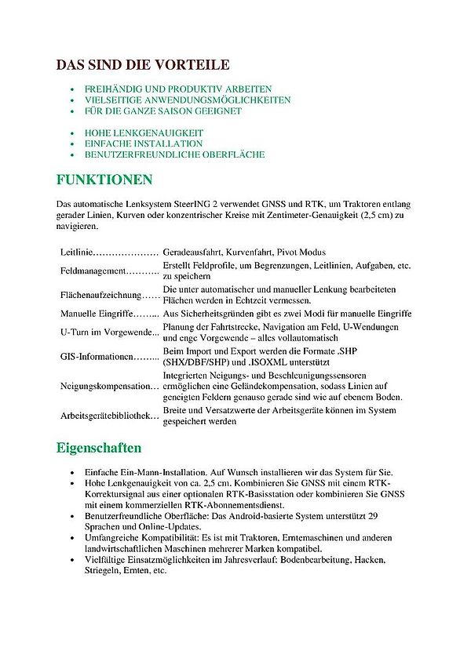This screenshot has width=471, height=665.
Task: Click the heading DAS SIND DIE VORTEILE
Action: coord(143,66)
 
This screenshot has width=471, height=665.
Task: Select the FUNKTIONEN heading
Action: coord(104,180)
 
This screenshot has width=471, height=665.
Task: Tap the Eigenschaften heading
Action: coord(99,448)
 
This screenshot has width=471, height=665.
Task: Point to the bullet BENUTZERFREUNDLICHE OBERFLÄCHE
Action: coord(175,154)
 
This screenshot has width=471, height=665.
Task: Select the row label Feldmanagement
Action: coord(93,271)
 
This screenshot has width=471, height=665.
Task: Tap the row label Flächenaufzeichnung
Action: coord(99,295)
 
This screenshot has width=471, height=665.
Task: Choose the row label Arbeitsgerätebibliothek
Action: coord(108,415)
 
